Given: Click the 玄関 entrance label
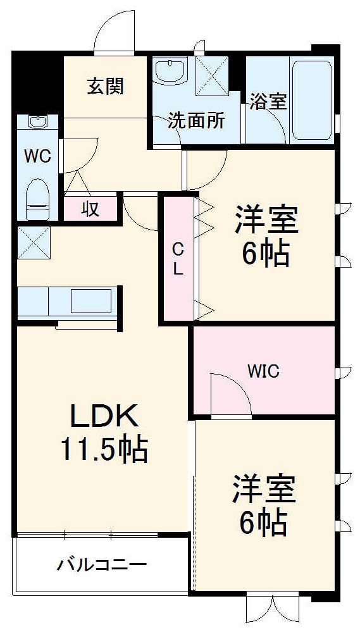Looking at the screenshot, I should pyautogui.click(x=105, y=86).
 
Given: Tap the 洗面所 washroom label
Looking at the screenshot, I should pyautogui.click(x=196, y=121).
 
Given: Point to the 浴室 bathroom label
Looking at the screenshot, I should pyautogui.click(x=268, y=101).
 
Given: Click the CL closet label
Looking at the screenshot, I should pyautogui.click(x=178, y=259).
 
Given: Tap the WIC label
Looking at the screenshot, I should pyautogui.click(x=264, y=371).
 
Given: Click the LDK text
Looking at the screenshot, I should pyautogui.click(x=104, y=418).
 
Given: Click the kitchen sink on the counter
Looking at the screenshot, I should pyautogui.click(x=92, y=301).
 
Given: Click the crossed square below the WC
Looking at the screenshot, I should pyautogui.click(x=34, y=242).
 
